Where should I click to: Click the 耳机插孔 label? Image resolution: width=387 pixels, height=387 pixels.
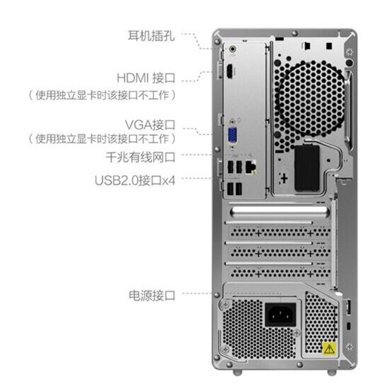pos(151,36)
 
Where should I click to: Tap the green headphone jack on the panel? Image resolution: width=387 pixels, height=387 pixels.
pos(232,49)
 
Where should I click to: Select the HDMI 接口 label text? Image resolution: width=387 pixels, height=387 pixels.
pos(146,78)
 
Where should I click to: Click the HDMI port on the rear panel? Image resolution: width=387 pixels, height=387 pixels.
pos(229,71)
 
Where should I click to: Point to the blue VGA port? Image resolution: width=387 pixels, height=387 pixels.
pos(232,135)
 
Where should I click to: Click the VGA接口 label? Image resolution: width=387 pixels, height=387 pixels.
pos(150,125)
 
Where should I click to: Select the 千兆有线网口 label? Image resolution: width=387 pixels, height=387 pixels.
pos(140,157)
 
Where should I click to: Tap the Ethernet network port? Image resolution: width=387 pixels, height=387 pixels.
pos(251,166)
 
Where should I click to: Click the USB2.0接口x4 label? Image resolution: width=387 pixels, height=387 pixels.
pos(135,180)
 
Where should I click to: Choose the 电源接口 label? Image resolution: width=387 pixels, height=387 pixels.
pos(152,295)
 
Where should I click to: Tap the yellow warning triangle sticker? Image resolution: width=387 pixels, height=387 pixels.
pos(329,349)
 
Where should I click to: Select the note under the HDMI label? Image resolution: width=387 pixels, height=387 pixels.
pos(102,95)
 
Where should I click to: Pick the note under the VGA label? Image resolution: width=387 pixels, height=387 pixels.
pos(102,138)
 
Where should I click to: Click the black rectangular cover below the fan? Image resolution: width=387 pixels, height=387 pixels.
pos(307,168)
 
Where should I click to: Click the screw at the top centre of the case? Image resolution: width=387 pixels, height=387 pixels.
pos(294,33)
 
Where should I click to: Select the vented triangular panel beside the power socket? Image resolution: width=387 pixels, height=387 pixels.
pos(321,322)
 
